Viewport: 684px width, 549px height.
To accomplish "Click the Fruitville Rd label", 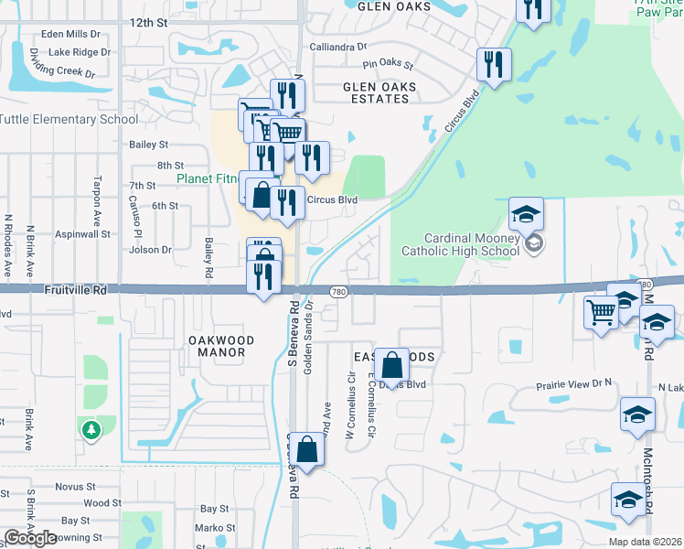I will pos(75,289).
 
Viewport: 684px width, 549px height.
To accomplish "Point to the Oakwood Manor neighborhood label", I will pos(217,346).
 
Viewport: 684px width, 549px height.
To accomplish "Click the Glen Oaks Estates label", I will pos(379,93).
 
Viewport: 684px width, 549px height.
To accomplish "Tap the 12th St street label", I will pos(149,21).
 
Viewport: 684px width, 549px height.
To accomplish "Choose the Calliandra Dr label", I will pos(337,46).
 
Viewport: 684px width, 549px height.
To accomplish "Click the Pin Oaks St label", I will pos(388,66).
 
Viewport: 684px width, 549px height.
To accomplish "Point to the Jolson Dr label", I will pos(151,249).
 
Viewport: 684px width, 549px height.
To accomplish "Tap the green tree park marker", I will pos(90,429).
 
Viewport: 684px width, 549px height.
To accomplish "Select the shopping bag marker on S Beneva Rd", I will pos(308,449).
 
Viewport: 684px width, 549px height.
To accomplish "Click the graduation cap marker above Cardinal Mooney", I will pos(526,214).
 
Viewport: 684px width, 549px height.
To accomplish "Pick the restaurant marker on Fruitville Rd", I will pos(264,276).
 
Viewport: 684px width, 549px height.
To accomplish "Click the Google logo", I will pos(30,537).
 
